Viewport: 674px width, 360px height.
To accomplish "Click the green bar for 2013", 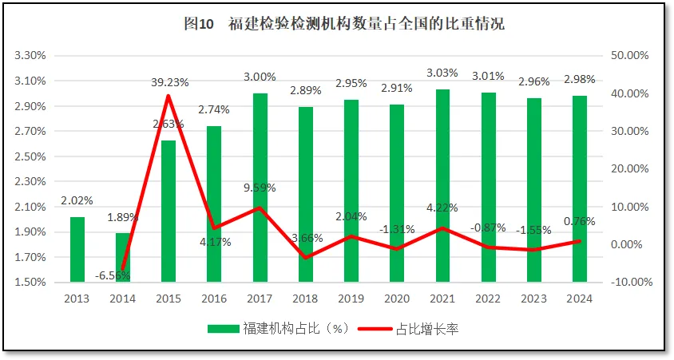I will click(x=77, y=249).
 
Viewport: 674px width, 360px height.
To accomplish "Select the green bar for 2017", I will click(x=260, y=188).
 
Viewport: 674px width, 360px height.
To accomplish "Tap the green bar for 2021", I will click(x=442, y=185).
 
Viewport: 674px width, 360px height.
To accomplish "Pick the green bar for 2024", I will click(x=578, y=188).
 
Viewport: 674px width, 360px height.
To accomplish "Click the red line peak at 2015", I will click(x=168, y=96).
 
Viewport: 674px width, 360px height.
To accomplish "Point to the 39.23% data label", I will click(x=168, y=81).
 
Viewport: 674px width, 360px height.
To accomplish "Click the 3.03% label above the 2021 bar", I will click(x=442, y=73).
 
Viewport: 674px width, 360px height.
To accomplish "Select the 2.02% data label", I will click(x=77, y=200).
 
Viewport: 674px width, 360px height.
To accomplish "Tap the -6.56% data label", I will click(x=113, y=275).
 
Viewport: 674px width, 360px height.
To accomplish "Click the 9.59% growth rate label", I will click(x=260, y=188).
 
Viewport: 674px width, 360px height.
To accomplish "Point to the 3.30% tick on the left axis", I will click(x=30, y=56).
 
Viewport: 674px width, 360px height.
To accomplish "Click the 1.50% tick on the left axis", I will click(x=30, y=283).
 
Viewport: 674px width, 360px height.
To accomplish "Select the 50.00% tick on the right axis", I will click(x=629, y=56).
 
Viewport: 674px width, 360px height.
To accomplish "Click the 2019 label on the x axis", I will click(x=351, y=299).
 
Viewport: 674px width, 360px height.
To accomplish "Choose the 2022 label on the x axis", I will click(x=487, y=299).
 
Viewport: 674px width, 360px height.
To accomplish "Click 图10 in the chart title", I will click(x=199, y=25).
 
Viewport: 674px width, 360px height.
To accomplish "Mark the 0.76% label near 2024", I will click(x=579, y=222).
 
